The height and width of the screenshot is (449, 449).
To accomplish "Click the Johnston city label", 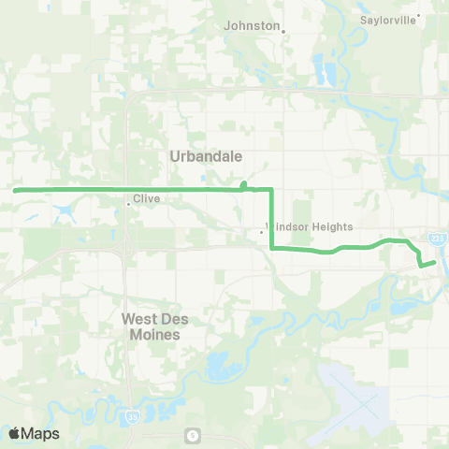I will coord(251,25).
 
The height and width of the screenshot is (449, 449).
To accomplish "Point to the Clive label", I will coord(147,199).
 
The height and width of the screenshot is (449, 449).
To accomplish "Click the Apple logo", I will coord(15,433).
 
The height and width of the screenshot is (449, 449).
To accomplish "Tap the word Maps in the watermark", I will coord(40,433).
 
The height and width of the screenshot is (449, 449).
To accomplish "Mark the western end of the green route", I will coord(15,190).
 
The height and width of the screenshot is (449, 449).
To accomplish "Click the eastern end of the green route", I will coord(435,262).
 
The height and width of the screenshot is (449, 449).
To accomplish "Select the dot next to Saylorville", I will coord(419,15).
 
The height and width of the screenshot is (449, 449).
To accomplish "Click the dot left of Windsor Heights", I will coord(261,232).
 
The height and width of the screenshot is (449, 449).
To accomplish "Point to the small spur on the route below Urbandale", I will coord(243,184).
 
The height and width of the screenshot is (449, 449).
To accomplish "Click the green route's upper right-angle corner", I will coord(271,190).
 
